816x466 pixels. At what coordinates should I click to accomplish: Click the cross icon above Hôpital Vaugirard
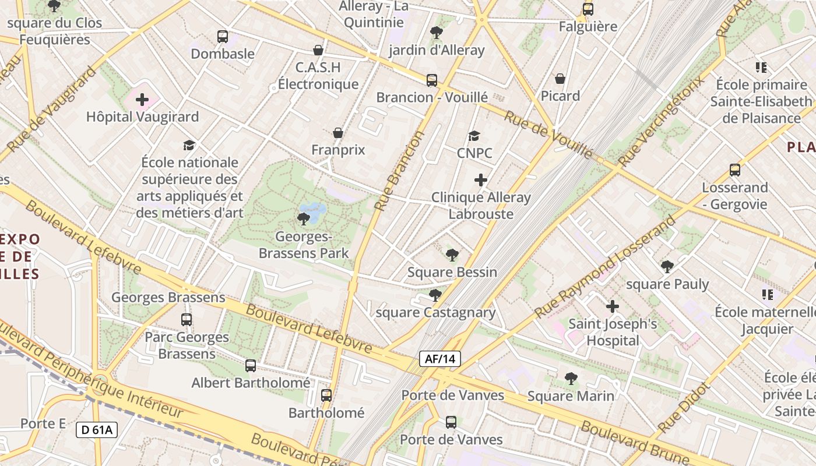pyautogui.click(x=142, y=100)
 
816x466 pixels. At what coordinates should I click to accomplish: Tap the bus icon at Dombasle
pyautogui.click(x=223, y=37)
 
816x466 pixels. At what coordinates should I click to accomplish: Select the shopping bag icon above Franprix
pyautogui.click(x=338, y=133)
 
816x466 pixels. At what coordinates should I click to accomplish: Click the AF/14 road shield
pyautogui.click(x=440, y=359)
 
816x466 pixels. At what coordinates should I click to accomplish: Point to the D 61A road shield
pyautogui.click(x=97, y=430)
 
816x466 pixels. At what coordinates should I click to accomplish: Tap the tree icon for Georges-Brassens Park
pyautogui.click(x=303, y=219)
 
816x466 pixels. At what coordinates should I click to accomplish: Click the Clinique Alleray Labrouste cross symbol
pyautogui.click(x=481, y=180)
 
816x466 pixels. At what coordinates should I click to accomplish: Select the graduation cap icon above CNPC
pyautogui.click(x=474, y=136)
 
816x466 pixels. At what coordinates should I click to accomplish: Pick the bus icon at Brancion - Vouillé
pyautogui.click(x=432, y=80)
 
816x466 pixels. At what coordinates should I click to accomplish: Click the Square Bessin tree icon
pyautogui.click(x=452, y=255)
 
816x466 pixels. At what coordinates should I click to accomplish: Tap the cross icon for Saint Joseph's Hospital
pyautogui.click(x=613, y=306)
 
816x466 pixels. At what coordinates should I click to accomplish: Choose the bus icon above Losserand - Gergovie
pyautogui.click(x=735, y=170)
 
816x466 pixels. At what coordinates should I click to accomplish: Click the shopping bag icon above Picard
pyautogui.click(x=560, y=79)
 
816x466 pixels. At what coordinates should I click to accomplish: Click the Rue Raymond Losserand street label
pyautogui.click(x=606, y=266)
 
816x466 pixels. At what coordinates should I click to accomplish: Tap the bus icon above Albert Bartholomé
pyautogui.click(x=251, y=366)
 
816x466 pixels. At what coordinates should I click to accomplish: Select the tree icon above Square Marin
pyautogui.click(x=571, y=379)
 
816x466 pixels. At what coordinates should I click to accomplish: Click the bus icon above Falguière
pyautogui.click(x=588, y=9)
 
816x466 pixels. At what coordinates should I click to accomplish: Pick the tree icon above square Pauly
pyautogui.click(x=667, y=267)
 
